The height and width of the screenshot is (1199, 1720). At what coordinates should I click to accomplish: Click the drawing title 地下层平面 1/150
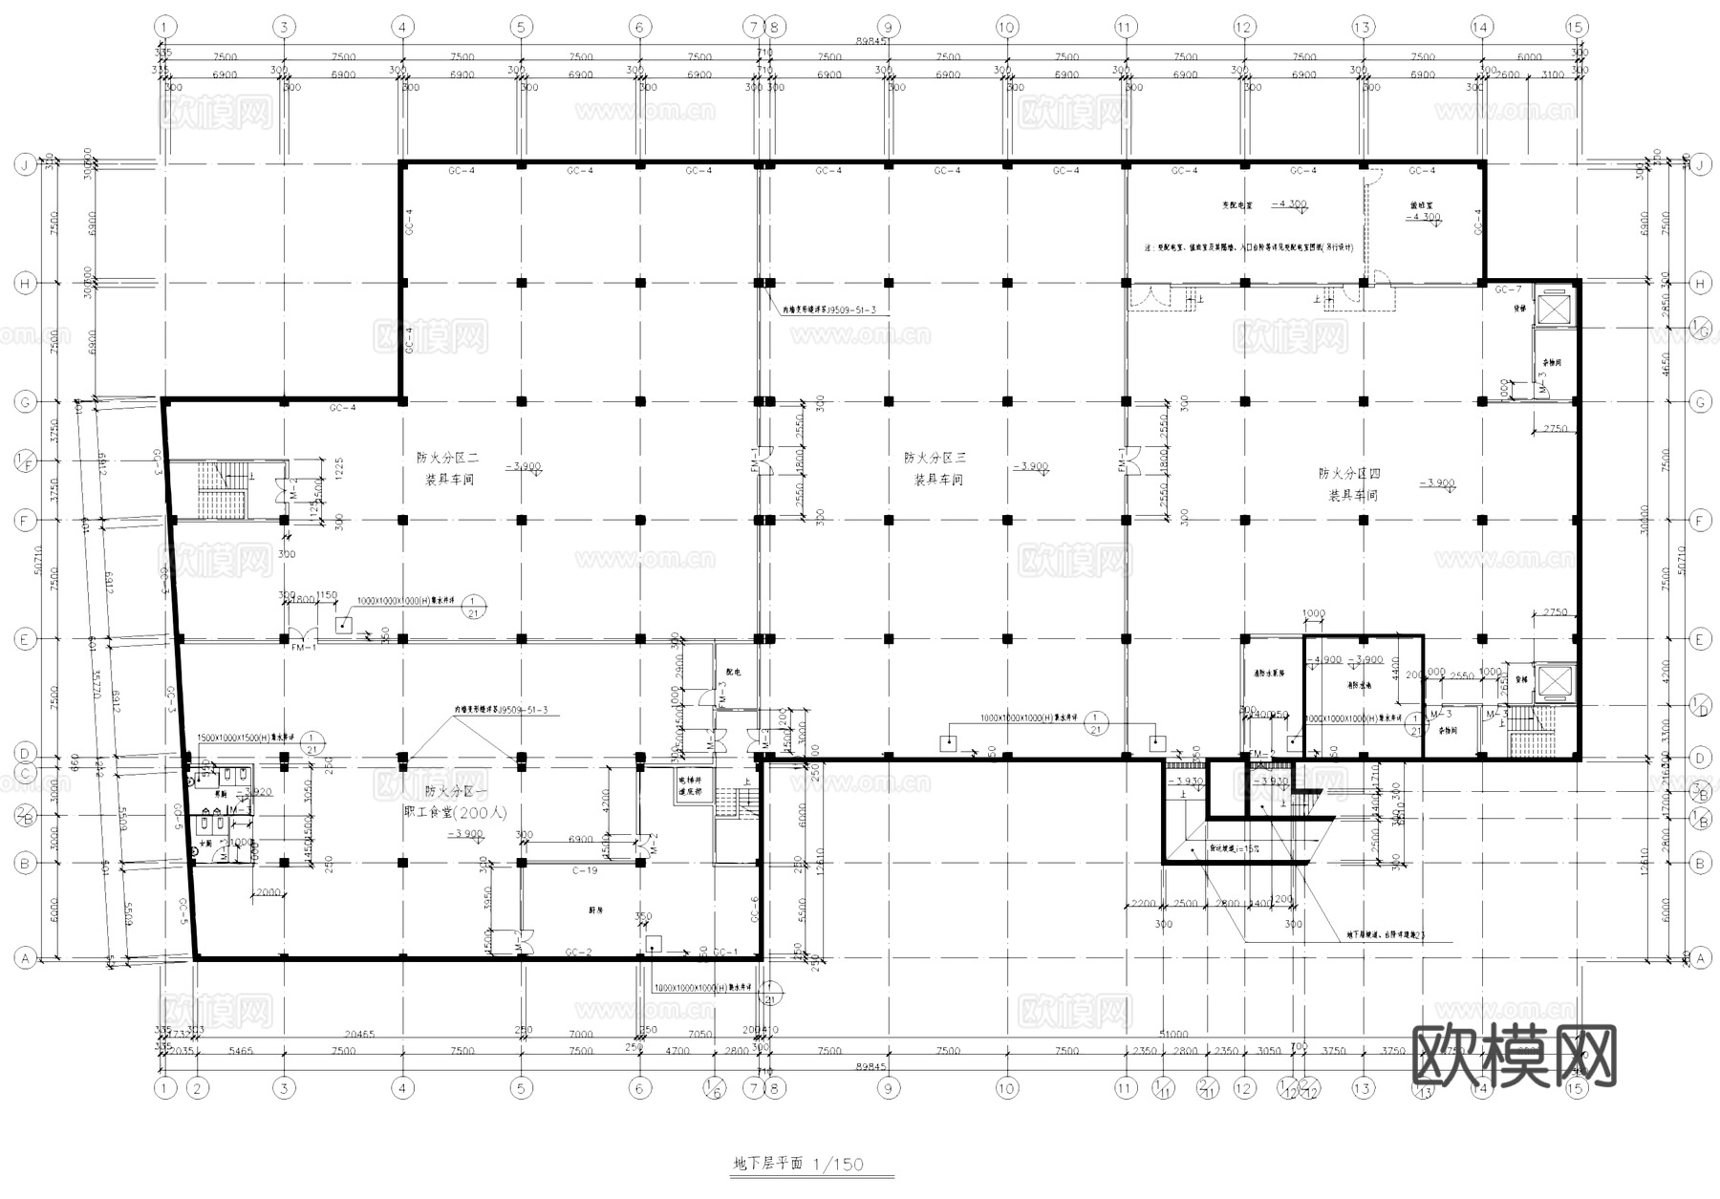(x=798, y=1164)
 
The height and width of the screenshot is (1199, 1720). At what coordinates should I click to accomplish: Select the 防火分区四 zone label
(x=1349, y=474)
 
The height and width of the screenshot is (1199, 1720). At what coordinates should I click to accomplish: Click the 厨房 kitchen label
(x=595, y=910)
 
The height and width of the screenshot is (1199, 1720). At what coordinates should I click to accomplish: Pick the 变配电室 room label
(x=1238, y=204)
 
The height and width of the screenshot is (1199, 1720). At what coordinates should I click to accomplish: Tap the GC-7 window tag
(x=1508, y=289)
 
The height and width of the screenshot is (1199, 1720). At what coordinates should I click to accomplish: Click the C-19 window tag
(x=585, y=870)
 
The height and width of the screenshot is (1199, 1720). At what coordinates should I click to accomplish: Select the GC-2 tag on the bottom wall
(x=578, y=953)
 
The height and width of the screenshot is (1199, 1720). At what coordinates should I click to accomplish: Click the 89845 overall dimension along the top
(x=870, y=42)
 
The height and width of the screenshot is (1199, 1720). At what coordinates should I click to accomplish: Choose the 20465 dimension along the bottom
(x=358, y=1035)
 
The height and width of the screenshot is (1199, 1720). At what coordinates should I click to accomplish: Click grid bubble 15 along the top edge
(x=1576, y=27)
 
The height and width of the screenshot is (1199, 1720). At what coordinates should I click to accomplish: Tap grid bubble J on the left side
(x=24, y=164)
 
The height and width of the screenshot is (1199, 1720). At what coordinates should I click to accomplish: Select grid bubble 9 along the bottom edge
(x=888, y=1088)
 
